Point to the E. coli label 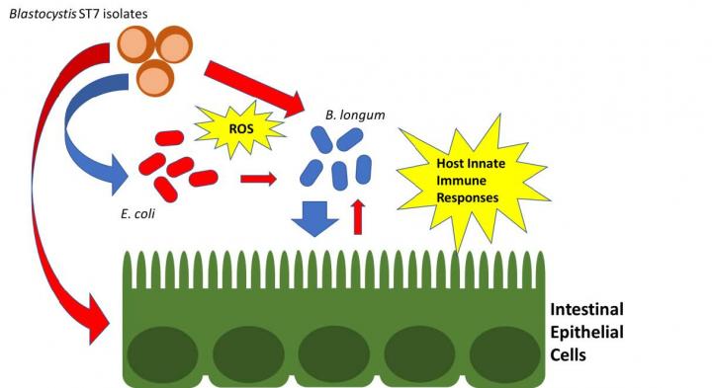[x=139, y=210]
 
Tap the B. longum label [x=354, y=116]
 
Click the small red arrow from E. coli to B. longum [x=258, y=179]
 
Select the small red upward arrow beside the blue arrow [x=358, y=215]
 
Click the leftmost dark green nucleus [x=163, y=350]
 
